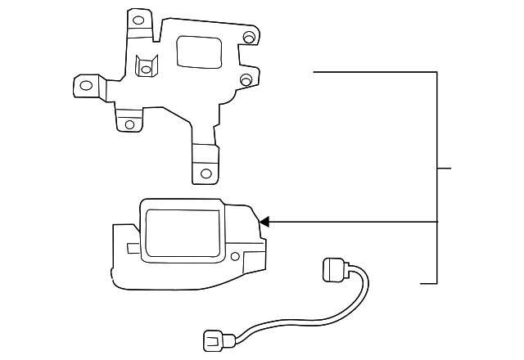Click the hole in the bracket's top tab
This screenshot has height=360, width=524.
[x=138, y=20]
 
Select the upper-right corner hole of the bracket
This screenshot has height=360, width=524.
[x=248, y=38]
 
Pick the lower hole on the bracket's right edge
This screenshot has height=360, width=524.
[x=246, y=79]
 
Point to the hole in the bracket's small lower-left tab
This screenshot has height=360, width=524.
[x=129, y=125]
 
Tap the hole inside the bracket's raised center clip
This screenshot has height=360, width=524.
[x=146, y=70]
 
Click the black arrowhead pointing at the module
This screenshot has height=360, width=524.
[x=263, y=221]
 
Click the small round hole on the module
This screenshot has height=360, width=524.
[x=235, y=257]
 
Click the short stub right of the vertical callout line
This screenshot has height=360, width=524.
[x=445, y=169]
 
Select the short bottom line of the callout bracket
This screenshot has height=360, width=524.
[x=428, y=283]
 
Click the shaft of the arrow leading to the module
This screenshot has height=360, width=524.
[x=352, y=221]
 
